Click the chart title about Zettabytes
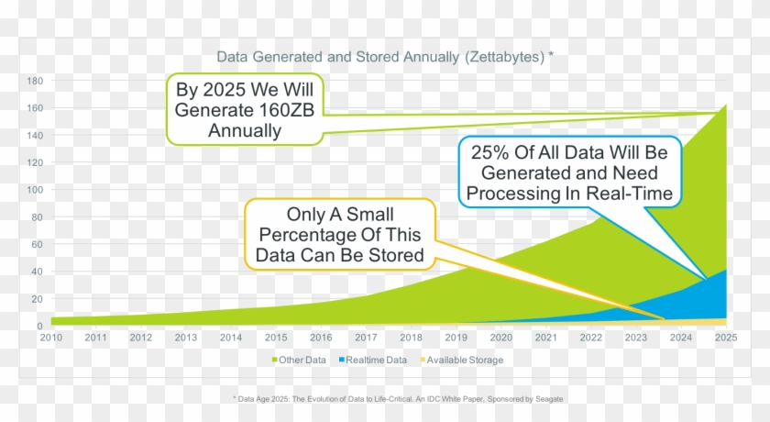coord(384,57)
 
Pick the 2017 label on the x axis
coord(366,338)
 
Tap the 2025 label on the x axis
coord(727,338)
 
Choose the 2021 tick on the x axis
coord(546,338)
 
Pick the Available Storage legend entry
coord(464,361)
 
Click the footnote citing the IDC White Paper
coord(398,399)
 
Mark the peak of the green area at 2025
coord(726,105)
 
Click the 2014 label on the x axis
coord(230,338)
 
